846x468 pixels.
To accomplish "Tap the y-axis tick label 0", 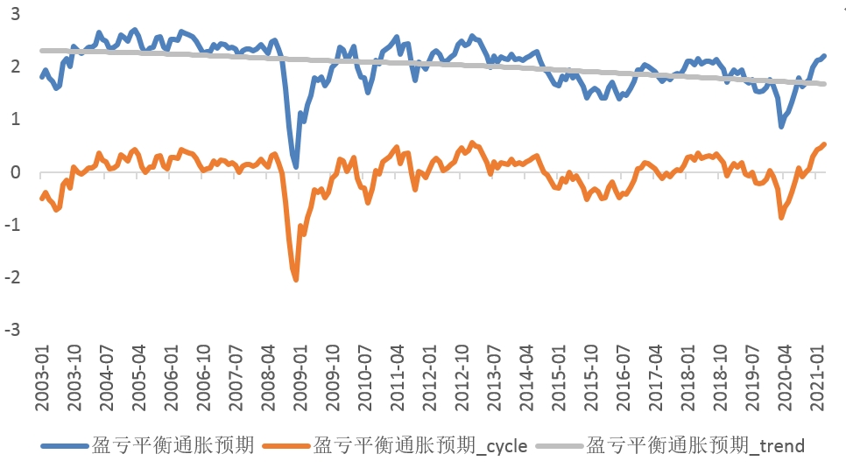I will point(17,172).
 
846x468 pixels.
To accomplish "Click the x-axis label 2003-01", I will point(42,376).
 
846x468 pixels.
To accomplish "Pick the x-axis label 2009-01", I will point(300,376).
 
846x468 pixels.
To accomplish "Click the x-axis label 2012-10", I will point(461,376).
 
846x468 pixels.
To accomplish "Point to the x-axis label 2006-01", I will point(171,376).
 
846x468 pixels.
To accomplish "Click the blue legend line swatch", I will point(65,446).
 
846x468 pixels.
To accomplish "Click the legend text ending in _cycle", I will point(420,446).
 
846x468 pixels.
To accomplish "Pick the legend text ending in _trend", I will point(695,446).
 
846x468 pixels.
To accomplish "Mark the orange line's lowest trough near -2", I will point(296,279).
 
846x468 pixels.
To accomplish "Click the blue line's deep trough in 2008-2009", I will point(296,165).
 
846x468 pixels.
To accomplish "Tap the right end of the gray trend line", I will point(823,84).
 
